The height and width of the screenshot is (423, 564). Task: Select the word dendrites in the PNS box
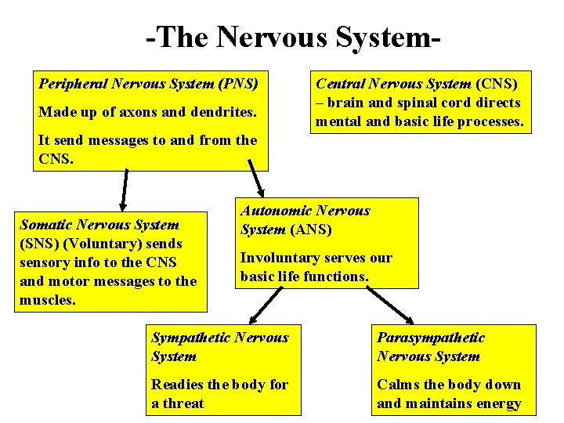222,112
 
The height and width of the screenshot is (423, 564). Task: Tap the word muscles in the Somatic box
47,300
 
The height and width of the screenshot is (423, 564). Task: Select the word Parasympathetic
431,338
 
